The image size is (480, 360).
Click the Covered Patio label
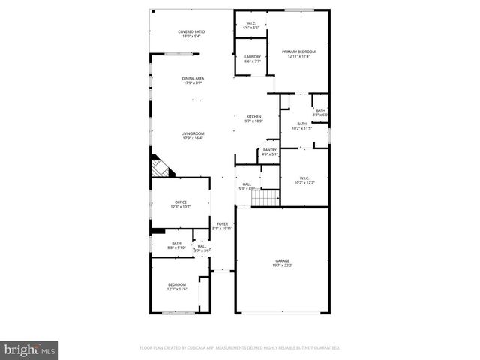pyautogui.click(x=191, y=31)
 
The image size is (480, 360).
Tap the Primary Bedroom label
pyautogui.click(x=298, y=52)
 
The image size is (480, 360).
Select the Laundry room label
pyautogui.click(x=252, y=57)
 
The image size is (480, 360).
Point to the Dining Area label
pyautogui.click(x=193, y=78)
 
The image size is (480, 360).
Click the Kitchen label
pyautogui.click(x=253, y=116)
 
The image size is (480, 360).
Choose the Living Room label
pyautogui.click(x=193, y=134)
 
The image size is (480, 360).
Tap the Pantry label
pyautogui.click(x=269, y=150)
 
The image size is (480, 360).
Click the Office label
pyautogui.click(x=180, y=202)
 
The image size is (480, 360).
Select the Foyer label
pyautogui.click(x=222, y=223)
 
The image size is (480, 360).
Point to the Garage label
pyautogui.click(x=282, y=260)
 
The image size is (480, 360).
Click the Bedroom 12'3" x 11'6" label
pyautogui.click(x=177, y=284)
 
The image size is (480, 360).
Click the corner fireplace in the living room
pyautogui.click(x=159, y=166)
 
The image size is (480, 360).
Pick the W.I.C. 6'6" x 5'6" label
pyautogui.click(x=252, y=23)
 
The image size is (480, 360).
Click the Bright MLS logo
pyautogui.click(x=30, y=349)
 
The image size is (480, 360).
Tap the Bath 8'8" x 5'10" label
pyautogui.click(x=176, y=243)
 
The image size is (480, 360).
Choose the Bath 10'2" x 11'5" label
pyautogui.click(x=301, y=124)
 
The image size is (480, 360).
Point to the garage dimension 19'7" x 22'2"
pyautogui.click(x=282, y=265)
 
